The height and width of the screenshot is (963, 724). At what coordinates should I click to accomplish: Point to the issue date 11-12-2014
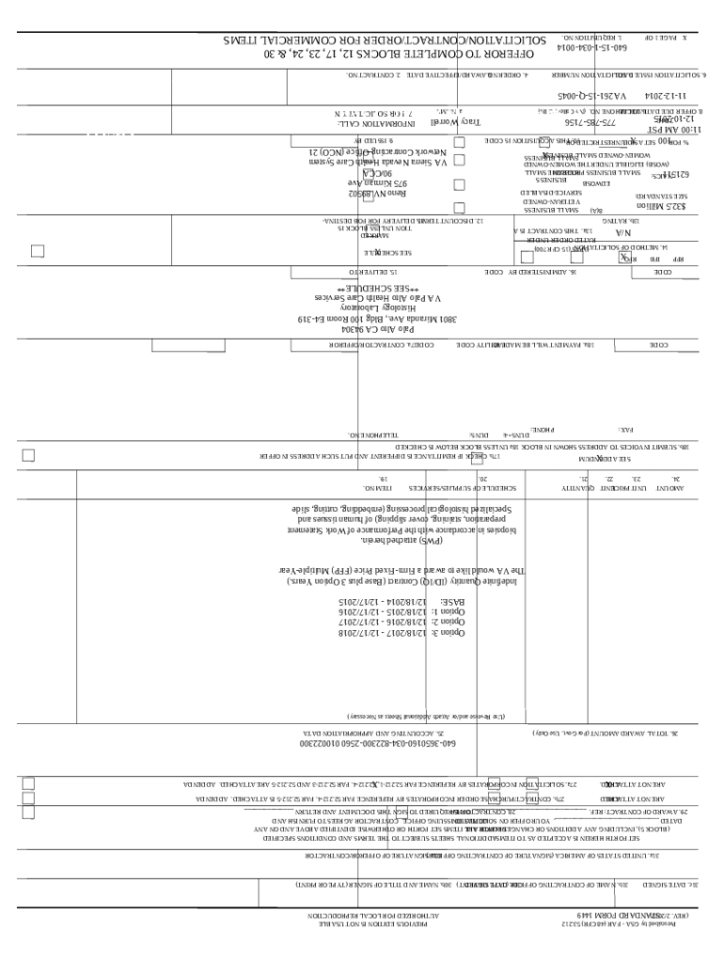tap(667, 96)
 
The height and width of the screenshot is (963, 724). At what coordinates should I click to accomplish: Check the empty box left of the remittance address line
tap(28, 456)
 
